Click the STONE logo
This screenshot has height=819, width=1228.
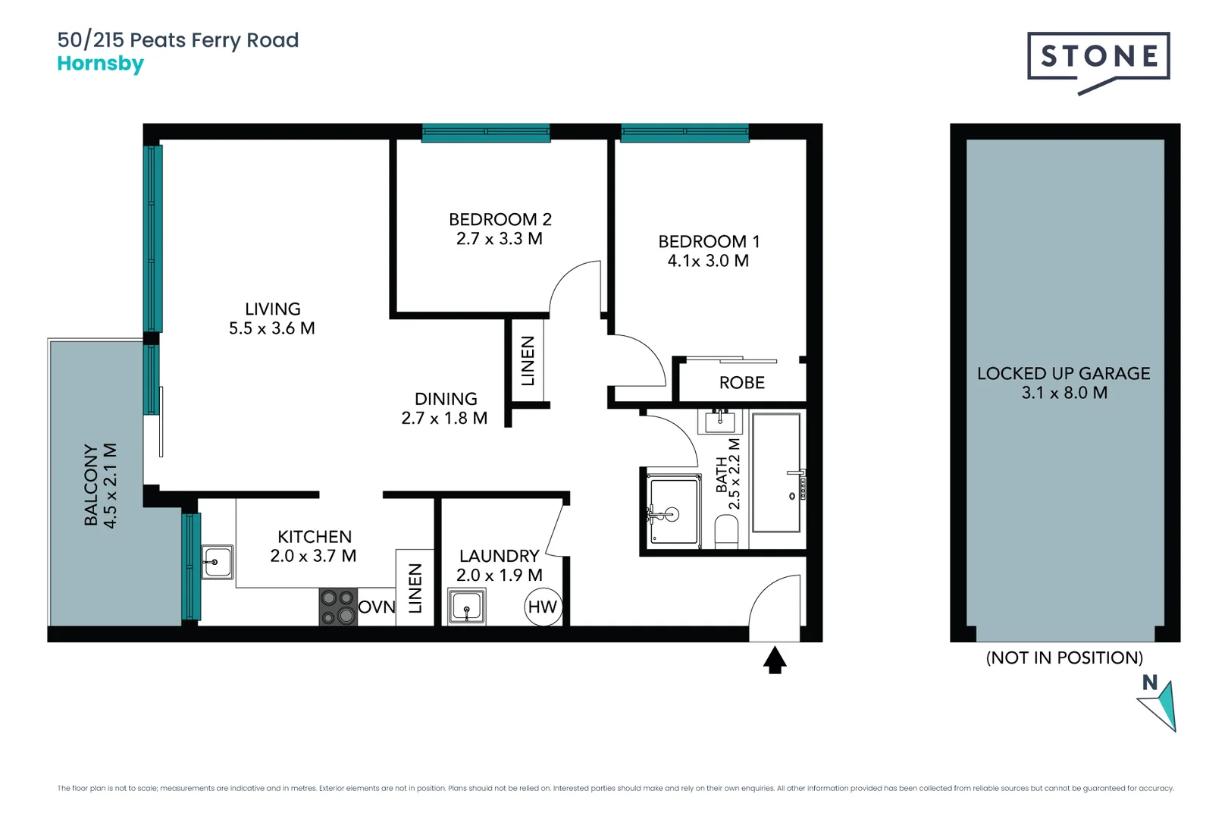(1098, 58)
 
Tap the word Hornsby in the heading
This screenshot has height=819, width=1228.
(100, 64)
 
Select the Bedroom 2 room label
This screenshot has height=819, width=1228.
(500, 219)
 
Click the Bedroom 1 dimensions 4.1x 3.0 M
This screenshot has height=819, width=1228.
(708, 261)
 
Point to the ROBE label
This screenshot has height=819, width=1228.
(741, 383)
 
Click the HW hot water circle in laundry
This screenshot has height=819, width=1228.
(543, 607)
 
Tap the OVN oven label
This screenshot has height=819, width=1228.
(377, 607)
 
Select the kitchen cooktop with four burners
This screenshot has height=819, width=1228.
(338, 607)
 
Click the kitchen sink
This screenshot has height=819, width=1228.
(217, 563)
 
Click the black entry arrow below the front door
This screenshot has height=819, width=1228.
(774, 660)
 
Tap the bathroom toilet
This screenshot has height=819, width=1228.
(727, 532)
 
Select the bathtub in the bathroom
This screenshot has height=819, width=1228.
(776, 472)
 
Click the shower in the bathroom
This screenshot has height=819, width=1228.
(673, 510)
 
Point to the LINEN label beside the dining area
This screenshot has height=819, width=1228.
(528, 361)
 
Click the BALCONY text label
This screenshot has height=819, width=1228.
(91, 485)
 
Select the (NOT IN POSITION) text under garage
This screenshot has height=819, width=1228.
(1064, 657)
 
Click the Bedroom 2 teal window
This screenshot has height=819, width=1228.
(486, 133)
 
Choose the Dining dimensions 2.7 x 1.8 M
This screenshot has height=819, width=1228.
(444, 419)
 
